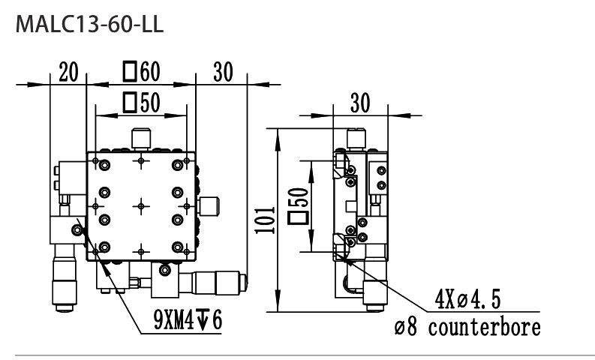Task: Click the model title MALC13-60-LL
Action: [x=89, y=25]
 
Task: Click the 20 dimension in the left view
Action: [x=69, y=72]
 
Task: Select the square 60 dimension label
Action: [x=142, y=71]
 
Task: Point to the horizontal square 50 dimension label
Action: [x=142, y=103]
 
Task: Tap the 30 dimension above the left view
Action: [x=223, y=72]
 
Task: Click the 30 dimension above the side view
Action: [x=360, y=103]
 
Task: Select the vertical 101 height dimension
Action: [x=265, y=220]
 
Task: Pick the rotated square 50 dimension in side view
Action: [x=299, y=206]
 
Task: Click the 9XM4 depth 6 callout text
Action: [x=188, y=319]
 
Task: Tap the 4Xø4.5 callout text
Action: [x=467, y=298]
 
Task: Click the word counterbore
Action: [x=485, y=327]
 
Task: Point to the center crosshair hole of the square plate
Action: [x=141, y=206]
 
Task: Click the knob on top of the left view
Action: [x=141, y=139]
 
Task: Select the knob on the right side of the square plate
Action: [x=209, y=206]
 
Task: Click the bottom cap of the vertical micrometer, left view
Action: [x=64, y=308]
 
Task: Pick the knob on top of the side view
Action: [x=356, y=139]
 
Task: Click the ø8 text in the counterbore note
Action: [x=406, y=328]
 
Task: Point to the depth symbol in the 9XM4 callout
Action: [x=203, y=319]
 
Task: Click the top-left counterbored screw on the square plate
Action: [x=104, y=166]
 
